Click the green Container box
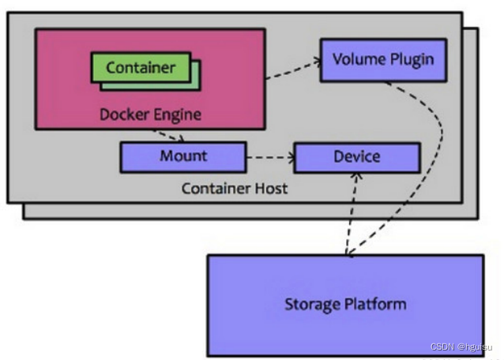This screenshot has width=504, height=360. tap(140, 67)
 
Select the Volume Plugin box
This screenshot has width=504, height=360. tap(382, 60)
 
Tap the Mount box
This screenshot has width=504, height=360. tap(182, 156)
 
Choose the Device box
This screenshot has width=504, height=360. tap(356, 157)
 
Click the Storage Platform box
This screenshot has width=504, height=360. tap(345, 303)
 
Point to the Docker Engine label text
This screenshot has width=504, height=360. tap(150, 114)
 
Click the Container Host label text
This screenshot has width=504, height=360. tap(235, 189)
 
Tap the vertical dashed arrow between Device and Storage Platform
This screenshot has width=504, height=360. tap(353, 213)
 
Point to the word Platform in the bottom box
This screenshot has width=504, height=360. tap(377, 304)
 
